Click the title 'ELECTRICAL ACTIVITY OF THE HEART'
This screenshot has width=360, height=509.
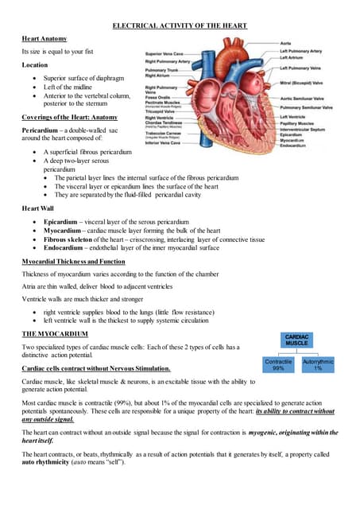(x=180, y=26)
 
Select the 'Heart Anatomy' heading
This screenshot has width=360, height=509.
(x=45, y=38)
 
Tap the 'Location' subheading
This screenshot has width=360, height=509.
(x=35, y=64)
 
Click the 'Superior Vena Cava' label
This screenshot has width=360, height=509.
(x=167, y=54)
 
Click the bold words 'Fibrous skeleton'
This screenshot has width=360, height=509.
(x=68, y=239)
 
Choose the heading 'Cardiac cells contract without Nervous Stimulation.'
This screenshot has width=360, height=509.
(x=96, y=369)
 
